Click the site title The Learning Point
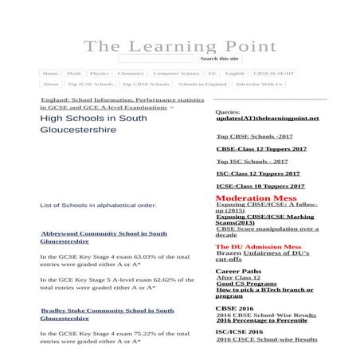click(x=180, y=46)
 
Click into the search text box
click(x=155, y=59)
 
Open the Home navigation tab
click(x=50, y=73)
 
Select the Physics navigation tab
click(x=99, y=73)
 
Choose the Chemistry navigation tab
click(x=131, y=73)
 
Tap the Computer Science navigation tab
click(x=176, y=73)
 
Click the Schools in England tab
click(x=202, y=84)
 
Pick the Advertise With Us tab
click(x=258, y=84)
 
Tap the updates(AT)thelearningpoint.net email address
click(x=267, y=119)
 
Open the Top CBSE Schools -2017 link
click(x=254, y=136)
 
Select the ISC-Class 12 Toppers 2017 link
click(x=258, y=174)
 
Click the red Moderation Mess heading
click(x=256, y=198)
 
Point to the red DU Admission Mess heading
click(x=258, y=247)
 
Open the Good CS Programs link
click(x=246, y=284)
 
